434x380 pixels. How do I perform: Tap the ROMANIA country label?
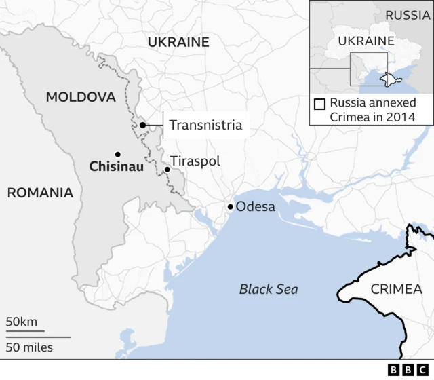39,193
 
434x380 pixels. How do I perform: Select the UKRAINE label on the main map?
178,42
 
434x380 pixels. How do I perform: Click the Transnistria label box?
205,125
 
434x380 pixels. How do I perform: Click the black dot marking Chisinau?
118,154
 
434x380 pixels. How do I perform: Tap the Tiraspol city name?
195,161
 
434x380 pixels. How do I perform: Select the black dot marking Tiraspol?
167,169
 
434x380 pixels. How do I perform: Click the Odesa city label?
255,206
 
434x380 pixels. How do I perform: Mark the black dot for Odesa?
231,207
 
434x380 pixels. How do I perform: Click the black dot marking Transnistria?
142,125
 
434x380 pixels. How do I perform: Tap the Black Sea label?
269,290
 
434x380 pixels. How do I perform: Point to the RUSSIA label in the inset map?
407,15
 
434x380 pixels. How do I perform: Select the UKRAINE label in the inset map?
361,41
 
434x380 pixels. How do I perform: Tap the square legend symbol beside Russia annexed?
319,104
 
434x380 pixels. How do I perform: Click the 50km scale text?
22,321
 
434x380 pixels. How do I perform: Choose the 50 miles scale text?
29,347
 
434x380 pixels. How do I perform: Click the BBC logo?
406,370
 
